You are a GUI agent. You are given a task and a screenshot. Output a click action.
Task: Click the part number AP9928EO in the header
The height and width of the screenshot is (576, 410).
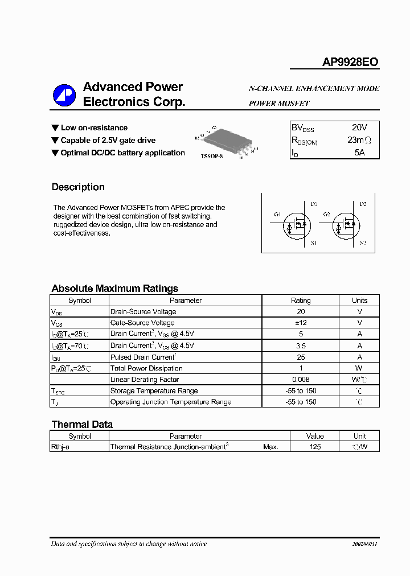pyautogui.click(x=350, y=63)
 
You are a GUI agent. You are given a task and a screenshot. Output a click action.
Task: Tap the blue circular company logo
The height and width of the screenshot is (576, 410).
pyautogui.click(x=64, y=95)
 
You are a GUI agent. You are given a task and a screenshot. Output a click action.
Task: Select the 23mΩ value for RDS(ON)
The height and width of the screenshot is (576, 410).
pyautogui.click(x=359, y=140)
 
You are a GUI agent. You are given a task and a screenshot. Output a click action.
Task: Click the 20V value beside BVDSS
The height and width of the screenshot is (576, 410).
pyautogui.click(x=359, y=127)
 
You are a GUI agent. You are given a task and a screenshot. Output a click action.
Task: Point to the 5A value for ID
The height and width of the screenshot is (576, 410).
pyautogui.click(x=359, y=153)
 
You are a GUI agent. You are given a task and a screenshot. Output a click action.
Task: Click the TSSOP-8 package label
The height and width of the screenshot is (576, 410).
pyautogui.click(x=212, y=156)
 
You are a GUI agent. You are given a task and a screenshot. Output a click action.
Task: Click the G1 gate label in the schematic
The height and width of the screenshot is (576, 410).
pyautogui.click(x=277, y=215)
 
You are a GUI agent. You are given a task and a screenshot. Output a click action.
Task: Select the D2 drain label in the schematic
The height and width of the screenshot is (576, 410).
pyautogui.click(x=363, y=204)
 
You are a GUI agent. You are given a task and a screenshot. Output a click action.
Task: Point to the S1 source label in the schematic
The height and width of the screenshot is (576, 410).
pyautogui.click(x=314, y=243)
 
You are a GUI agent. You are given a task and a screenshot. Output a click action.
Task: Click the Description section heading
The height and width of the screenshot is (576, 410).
pyautogui.click(x=78, y=187)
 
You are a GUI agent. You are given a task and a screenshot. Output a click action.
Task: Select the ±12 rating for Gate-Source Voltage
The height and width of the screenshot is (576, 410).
pyautogui.click(x=301, y=323)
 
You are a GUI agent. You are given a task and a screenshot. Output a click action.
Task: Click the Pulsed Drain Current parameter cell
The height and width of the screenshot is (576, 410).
pyautogui.click(x=143, y=357)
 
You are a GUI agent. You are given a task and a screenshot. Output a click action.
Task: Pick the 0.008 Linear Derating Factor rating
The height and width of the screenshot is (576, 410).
pyautogui.click(x=301, y=379)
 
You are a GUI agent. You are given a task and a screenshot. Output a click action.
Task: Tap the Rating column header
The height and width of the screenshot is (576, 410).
pyautogui.click(x=301, y=301)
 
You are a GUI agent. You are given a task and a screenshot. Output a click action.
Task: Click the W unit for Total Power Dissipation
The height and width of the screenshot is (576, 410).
pyautogui.click(x=359, y=368)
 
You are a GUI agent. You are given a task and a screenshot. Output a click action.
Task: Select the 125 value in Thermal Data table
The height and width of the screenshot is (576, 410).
pyautogui.click(x=315, y=447)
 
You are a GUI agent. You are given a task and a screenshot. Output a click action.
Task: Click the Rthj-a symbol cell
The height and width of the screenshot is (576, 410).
pyautogui.click(x=60, y=447)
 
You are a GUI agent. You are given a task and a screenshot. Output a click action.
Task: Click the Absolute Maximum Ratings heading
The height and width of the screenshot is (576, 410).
pyautogui.click(x=115, y=289)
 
